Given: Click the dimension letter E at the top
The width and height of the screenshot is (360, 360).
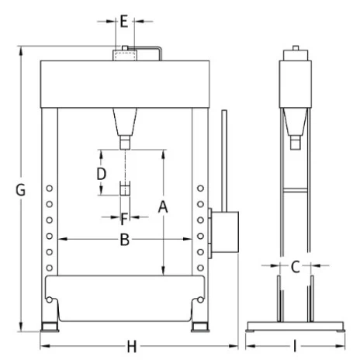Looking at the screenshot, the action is pos(124,22).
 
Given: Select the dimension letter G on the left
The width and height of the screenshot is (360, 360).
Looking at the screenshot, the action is pos(20,190).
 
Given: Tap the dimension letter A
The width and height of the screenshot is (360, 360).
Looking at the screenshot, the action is pos(163,207).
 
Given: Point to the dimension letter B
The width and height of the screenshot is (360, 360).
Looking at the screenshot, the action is pos(125,240).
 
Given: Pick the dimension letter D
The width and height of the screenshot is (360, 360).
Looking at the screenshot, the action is pos(101,174).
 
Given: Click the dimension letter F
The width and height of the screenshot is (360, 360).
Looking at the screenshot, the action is pos(124,219).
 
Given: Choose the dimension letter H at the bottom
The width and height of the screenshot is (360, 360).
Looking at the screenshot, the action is pos(132,347).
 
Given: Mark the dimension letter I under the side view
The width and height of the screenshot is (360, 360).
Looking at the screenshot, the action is pos(295,346).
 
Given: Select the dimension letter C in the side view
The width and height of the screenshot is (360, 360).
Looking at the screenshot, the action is pos(295,267).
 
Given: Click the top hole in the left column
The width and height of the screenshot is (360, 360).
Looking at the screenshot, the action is pos(50,189).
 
